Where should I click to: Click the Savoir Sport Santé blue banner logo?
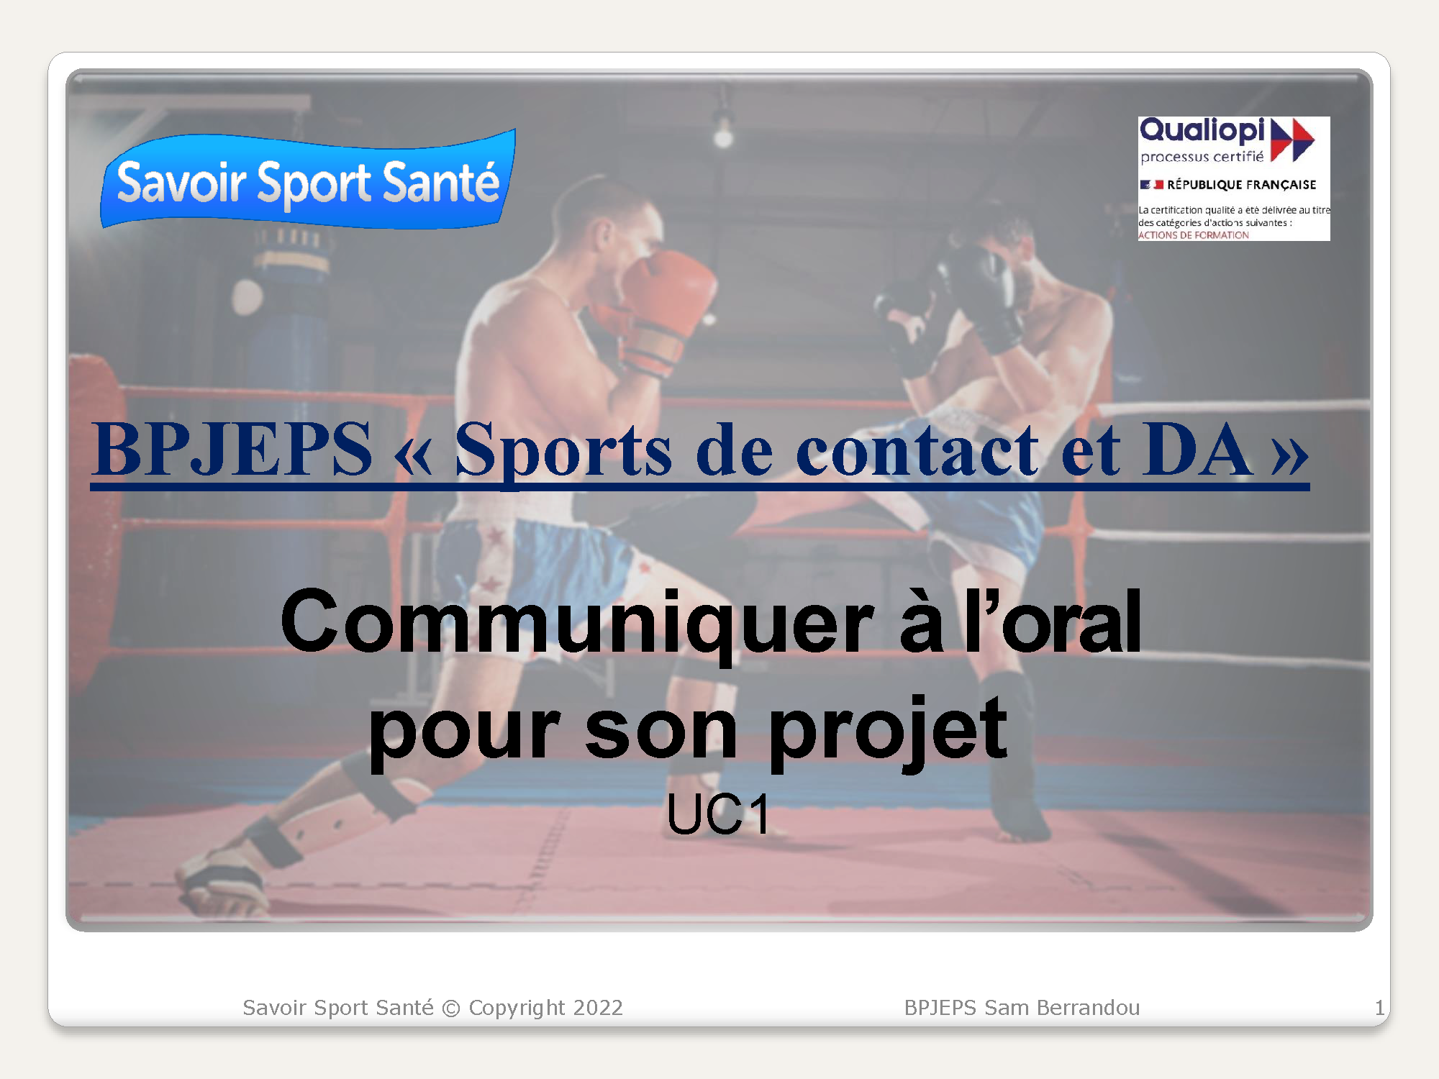coord(308,180)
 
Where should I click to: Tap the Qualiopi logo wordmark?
coord(1202,131)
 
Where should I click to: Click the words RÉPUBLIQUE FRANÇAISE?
coord(1241,185)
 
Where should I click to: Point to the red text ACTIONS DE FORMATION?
coord(1194,235)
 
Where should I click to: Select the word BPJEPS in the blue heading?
coord(232,450)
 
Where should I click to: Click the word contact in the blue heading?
coord(917,450)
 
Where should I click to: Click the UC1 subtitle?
coord(718,815)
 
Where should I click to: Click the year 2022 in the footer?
coord(598,1008)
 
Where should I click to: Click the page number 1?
coord(1379,1008)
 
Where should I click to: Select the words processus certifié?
coord(1202,157)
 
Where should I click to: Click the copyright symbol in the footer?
coord(451,1009)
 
